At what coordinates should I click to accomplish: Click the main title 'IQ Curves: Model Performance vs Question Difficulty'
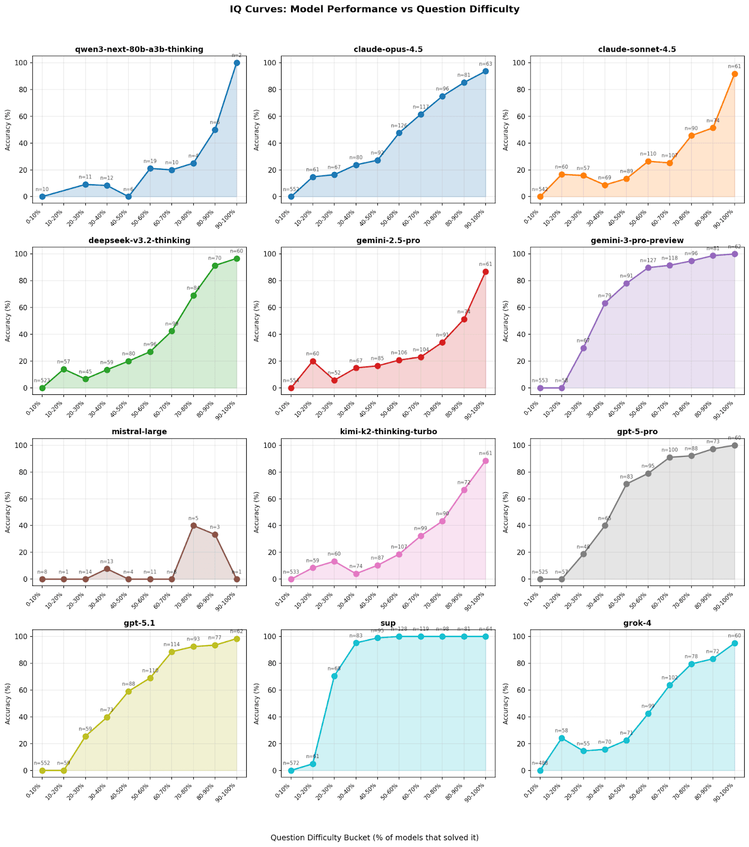(374, 9)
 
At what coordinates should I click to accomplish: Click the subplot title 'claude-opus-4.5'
(388, 49)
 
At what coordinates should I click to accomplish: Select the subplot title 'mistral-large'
(139, 431)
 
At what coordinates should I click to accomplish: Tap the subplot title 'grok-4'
(637, 623)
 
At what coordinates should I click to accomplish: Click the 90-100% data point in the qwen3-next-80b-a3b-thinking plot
(237, 62)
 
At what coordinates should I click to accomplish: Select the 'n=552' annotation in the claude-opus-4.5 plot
(291, 189)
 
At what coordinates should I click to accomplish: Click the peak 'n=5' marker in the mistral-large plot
(193, 526)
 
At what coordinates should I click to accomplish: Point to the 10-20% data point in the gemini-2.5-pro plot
(313, 361)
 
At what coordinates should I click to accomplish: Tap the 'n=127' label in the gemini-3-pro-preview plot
(648, 260)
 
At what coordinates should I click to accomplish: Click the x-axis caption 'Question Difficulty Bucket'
(374, 837)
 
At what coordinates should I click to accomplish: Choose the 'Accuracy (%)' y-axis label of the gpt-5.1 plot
(8, 703)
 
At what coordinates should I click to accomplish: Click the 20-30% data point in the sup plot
(334, 676)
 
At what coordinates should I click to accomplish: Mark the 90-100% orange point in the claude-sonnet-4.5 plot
(734, 74)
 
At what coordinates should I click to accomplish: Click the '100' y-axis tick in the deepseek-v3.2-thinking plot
(22, 254)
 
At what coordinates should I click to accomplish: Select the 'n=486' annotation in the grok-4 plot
(540, 763)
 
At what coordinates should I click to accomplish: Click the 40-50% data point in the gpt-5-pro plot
(626, 484)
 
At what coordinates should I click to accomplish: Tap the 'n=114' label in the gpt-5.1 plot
(172, 644)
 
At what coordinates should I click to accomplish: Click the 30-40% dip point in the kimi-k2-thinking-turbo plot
(356, 574)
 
